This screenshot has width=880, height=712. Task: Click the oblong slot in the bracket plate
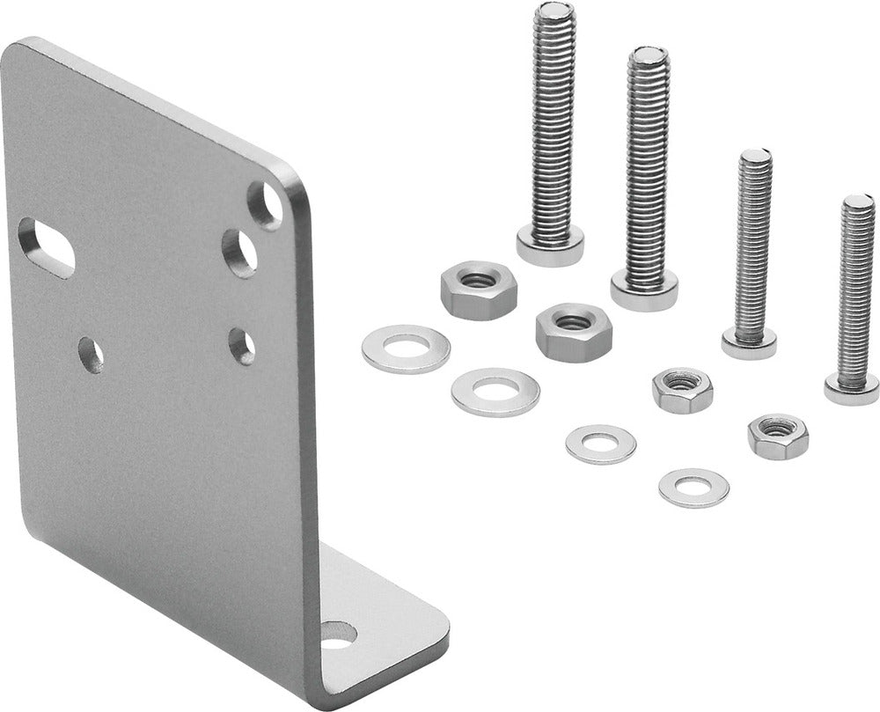pyautogui.click(x=47, y=247)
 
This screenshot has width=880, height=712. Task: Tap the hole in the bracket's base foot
pyautogui.click(x=339, y=634)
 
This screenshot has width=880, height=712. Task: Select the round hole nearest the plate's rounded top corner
pyautogui.click(x=265, y=204)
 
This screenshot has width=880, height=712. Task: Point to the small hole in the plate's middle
pyautogui.click(x=91, y=355)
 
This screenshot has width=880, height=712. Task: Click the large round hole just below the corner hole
pyautogui.click(x=239, y=252)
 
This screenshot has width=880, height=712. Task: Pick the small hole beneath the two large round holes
pyautogui.click(x=242, y=346)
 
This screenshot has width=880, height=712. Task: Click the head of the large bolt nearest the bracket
pyautogui.click(x=550, y=244)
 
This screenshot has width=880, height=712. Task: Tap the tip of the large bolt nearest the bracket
pyautogui.click(x=554, y=11)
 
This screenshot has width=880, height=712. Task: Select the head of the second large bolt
pyautogui.click(x=644, y=289)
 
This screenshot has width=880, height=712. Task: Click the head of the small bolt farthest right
pyautogui.click(x=851, y=387)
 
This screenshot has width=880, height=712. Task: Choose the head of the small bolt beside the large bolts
pyautogui.click(x=749, y=341)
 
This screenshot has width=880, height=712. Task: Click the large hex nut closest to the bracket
pyautogui.click(x=478, y=290)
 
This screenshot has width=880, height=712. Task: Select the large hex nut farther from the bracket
pyautogui.click(x=574, y=331)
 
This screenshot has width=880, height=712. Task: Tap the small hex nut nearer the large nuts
pyautogui.click(x=683, y=390)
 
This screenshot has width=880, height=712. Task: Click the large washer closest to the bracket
pyautogui.click(x=406, y=349)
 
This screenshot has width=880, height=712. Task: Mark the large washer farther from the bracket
pyautogui.click(x=495, y=392)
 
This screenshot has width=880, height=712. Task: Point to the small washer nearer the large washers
pyautogui.click(x=601, y=444)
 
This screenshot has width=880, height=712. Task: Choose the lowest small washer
pyautogui.click(x=693, y=488)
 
